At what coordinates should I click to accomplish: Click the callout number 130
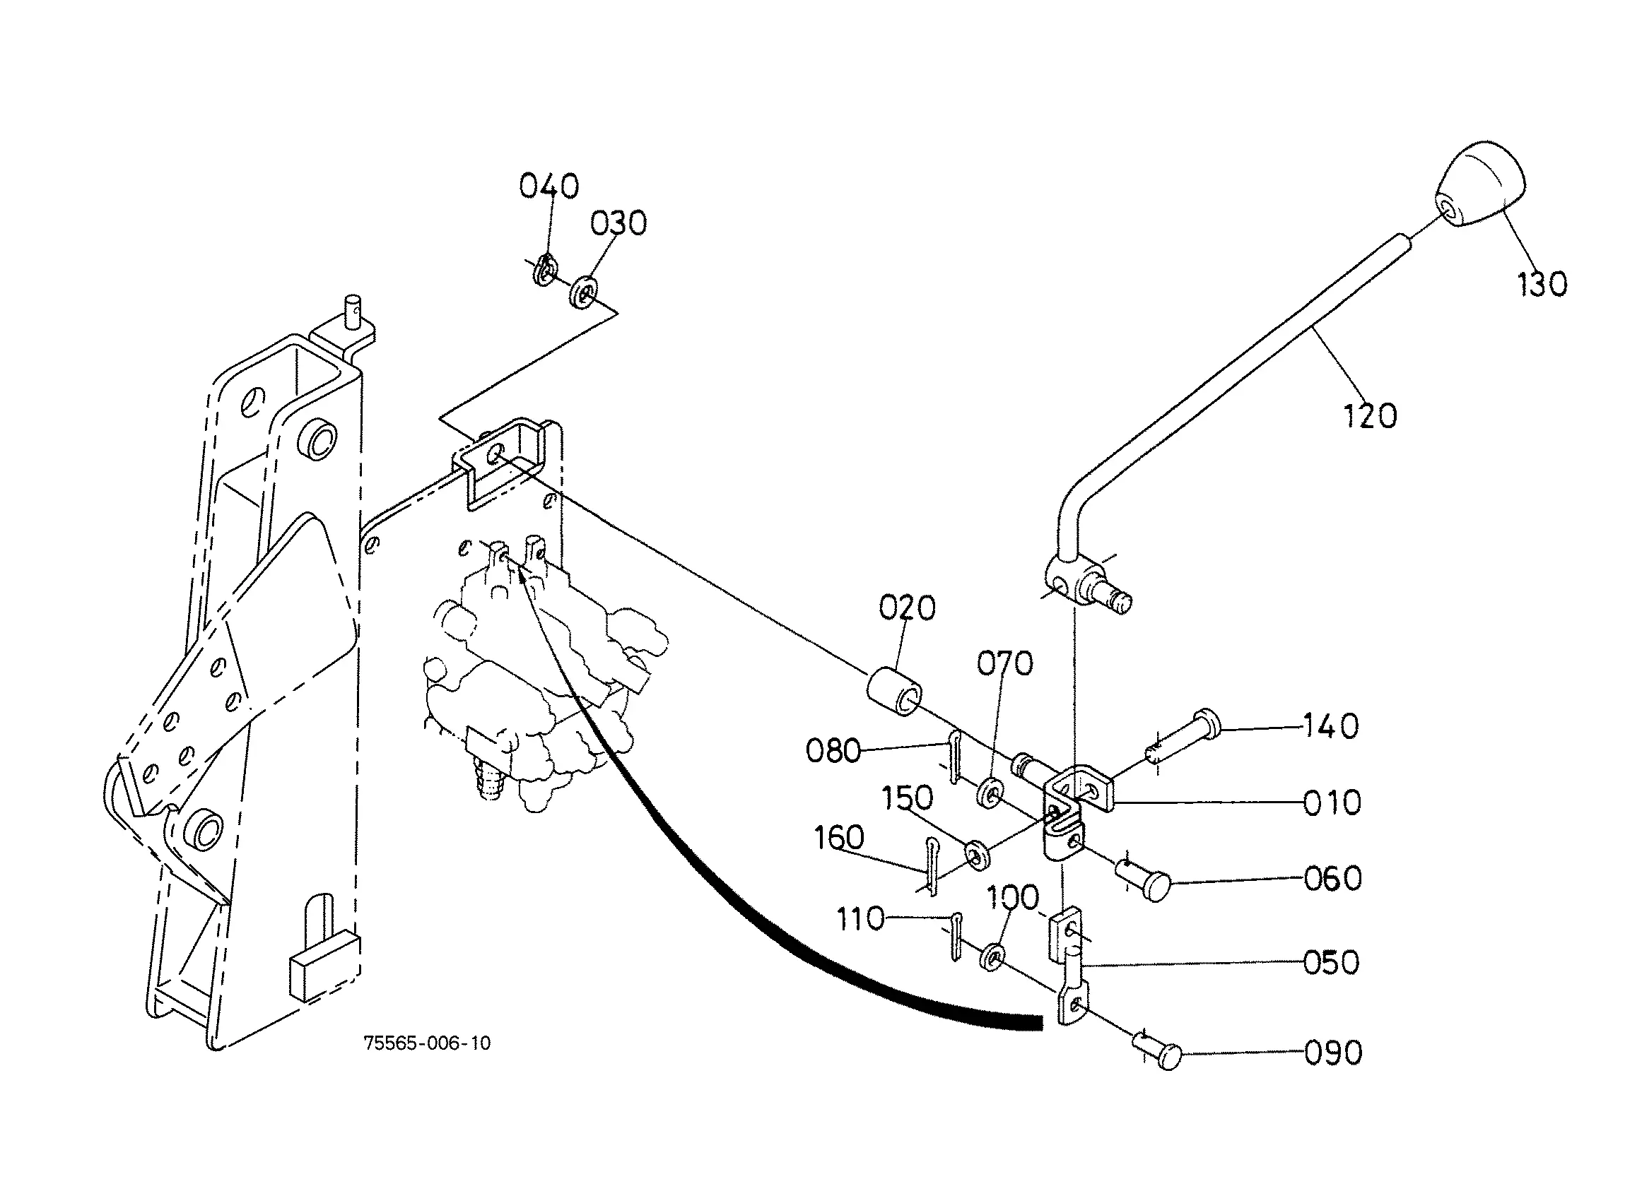click(1542, 285)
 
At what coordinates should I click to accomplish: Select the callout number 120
click(1370, 416)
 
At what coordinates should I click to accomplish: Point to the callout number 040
click(548, 186)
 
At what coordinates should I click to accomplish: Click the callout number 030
click(618, 223)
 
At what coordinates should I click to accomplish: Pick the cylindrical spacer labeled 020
click(894, 690)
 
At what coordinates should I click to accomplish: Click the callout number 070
click(1004, 663)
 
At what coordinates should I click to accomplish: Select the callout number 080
click(833, 751)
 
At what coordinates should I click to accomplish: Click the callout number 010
click(1332, 803)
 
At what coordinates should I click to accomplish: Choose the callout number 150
click(907, 798)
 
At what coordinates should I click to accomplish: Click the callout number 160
click(839, 837)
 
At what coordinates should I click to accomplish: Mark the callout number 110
click(860, 919)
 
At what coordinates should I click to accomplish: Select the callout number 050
click(1331, 963)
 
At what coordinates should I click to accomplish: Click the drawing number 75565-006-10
click(428, 1043)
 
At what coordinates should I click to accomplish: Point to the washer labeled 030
click(585, 291)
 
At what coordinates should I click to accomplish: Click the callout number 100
click(1012, 896)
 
